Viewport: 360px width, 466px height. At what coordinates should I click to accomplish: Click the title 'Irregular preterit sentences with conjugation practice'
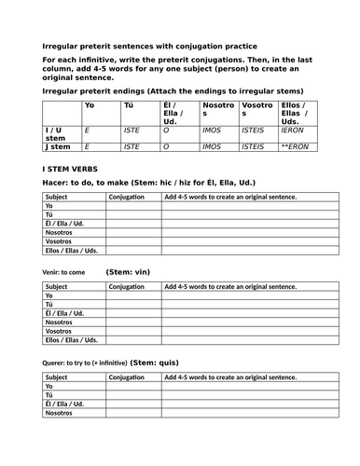150,45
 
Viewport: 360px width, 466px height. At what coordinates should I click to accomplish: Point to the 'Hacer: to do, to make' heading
85,183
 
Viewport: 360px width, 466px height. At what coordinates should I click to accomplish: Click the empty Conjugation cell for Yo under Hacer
133,207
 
